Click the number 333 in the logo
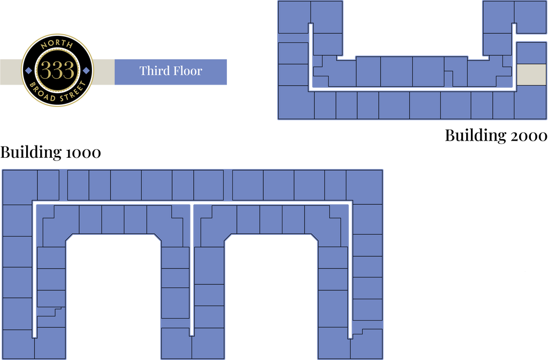pos(57,71)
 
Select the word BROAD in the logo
pos(44,91)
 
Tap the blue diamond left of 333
pos(29,71)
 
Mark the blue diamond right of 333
pos(86,71)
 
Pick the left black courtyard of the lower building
pos(114,300)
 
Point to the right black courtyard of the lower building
pos(271,300)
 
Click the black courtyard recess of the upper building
pos(412,27)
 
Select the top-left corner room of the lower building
pos(20,187)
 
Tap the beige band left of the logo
pos(10,71)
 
